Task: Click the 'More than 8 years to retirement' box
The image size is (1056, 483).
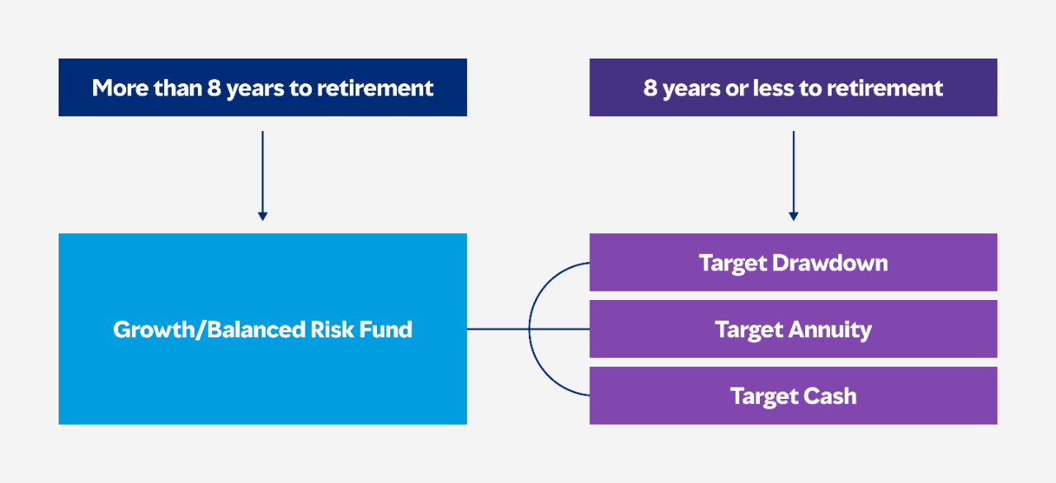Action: (x=262, y=87)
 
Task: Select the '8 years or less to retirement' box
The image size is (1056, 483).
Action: (x=794, y=87)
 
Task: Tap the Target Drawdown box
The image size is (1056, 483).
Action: (x=794, y=262)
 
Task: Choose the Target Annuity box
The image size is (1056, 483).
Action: (x=794, y=329)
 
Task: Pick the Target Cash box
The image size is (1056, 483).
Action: (x=794, y=396)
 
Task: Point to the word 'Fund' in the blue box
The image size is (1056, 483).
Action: (x=385, y=330)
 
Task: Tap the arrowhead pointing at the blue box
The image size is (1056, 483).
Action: (x=262, y=217)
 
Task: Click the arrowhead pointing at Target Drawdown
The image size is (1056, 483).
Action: (x=794, y=217)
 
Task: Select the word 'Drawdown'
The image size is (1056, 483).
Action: (x=830, y=263)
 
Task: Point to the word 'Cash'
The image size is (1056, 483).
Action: (x=830, y=396)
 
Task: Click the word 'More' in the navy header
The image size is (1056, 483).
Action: (x=120, y=88)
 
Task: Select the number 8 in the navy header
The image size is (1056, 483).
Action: (x=214, y=88)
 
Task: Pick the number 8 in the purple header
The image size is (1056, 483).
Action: (x=650, y=88)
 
